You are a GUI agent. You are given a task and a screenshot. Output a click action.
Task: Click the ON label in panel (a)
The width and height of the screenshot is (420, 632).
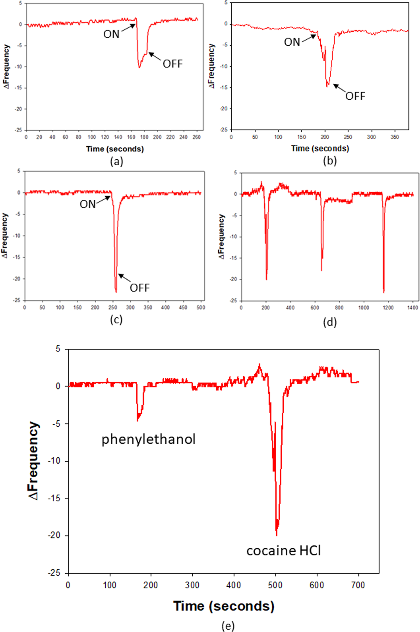point(111,34)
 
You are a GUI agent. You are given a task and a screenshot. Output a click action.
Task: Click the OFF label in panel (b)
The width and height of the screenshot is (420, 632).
point(355,96)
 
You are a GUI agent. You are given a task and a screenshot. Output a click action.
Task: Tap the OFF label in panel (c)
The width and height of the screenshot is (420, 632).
point(140,288)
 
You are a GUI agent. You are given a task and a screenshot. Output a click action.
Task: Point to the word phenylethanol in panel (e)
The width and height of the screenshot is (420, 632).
point(148,439)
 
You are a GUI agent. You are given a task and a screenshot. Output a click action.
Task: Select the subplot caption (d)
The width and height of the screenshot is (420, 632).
point(330,322)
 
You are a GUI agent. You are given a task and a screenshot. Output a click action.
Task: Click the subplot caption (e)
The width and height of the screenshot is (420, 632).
point(228,626)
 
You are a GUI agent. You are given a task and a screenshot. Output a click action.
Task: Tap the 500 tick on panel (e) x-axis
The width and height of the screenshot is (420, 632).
point(275,585)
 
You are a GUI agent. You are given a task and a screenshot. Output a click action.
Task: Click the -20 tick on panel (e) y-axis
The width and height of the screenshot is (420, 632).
point(54,535)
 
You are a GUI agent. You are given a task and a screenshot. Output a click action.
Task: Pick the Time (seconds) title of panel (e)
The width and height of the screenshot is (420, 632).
point(224,606)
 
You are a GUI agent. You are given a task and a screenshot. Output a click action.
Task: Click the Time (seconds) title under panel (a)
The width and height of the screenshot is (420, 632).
point(115,149)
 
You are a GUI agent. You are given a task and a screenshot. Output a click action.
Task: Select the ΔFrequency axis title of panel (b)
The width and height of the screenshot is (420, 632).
point(212,66)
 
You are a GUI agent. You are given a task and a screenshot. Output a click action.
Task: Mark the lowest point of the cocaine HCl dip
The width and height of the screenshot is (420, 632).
point(277,535)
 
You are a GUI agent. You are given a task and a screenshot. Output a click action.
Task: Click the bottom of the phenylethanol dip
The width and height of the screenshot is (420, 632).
point(137,421)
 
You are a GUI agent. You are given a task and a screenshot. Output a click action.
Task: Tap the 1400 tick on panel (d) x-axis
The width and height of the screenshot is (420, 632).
point(412,308)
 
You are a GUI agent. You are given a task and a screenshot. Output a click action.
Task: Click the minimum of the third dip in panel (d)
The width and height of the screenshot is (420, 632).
point(384,292)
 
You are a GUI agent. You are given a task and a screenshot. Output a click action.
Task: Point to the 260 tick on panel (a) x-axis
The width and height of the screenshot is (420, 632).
point(196,137)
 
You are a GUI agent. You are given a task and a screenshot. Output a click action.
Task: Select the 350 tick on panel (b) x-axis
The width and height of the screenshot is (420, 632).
point(395,137)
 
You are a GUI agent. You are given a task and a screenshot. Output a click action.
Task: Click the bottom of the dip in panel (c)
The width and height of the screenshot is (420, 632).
point(116,292)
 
